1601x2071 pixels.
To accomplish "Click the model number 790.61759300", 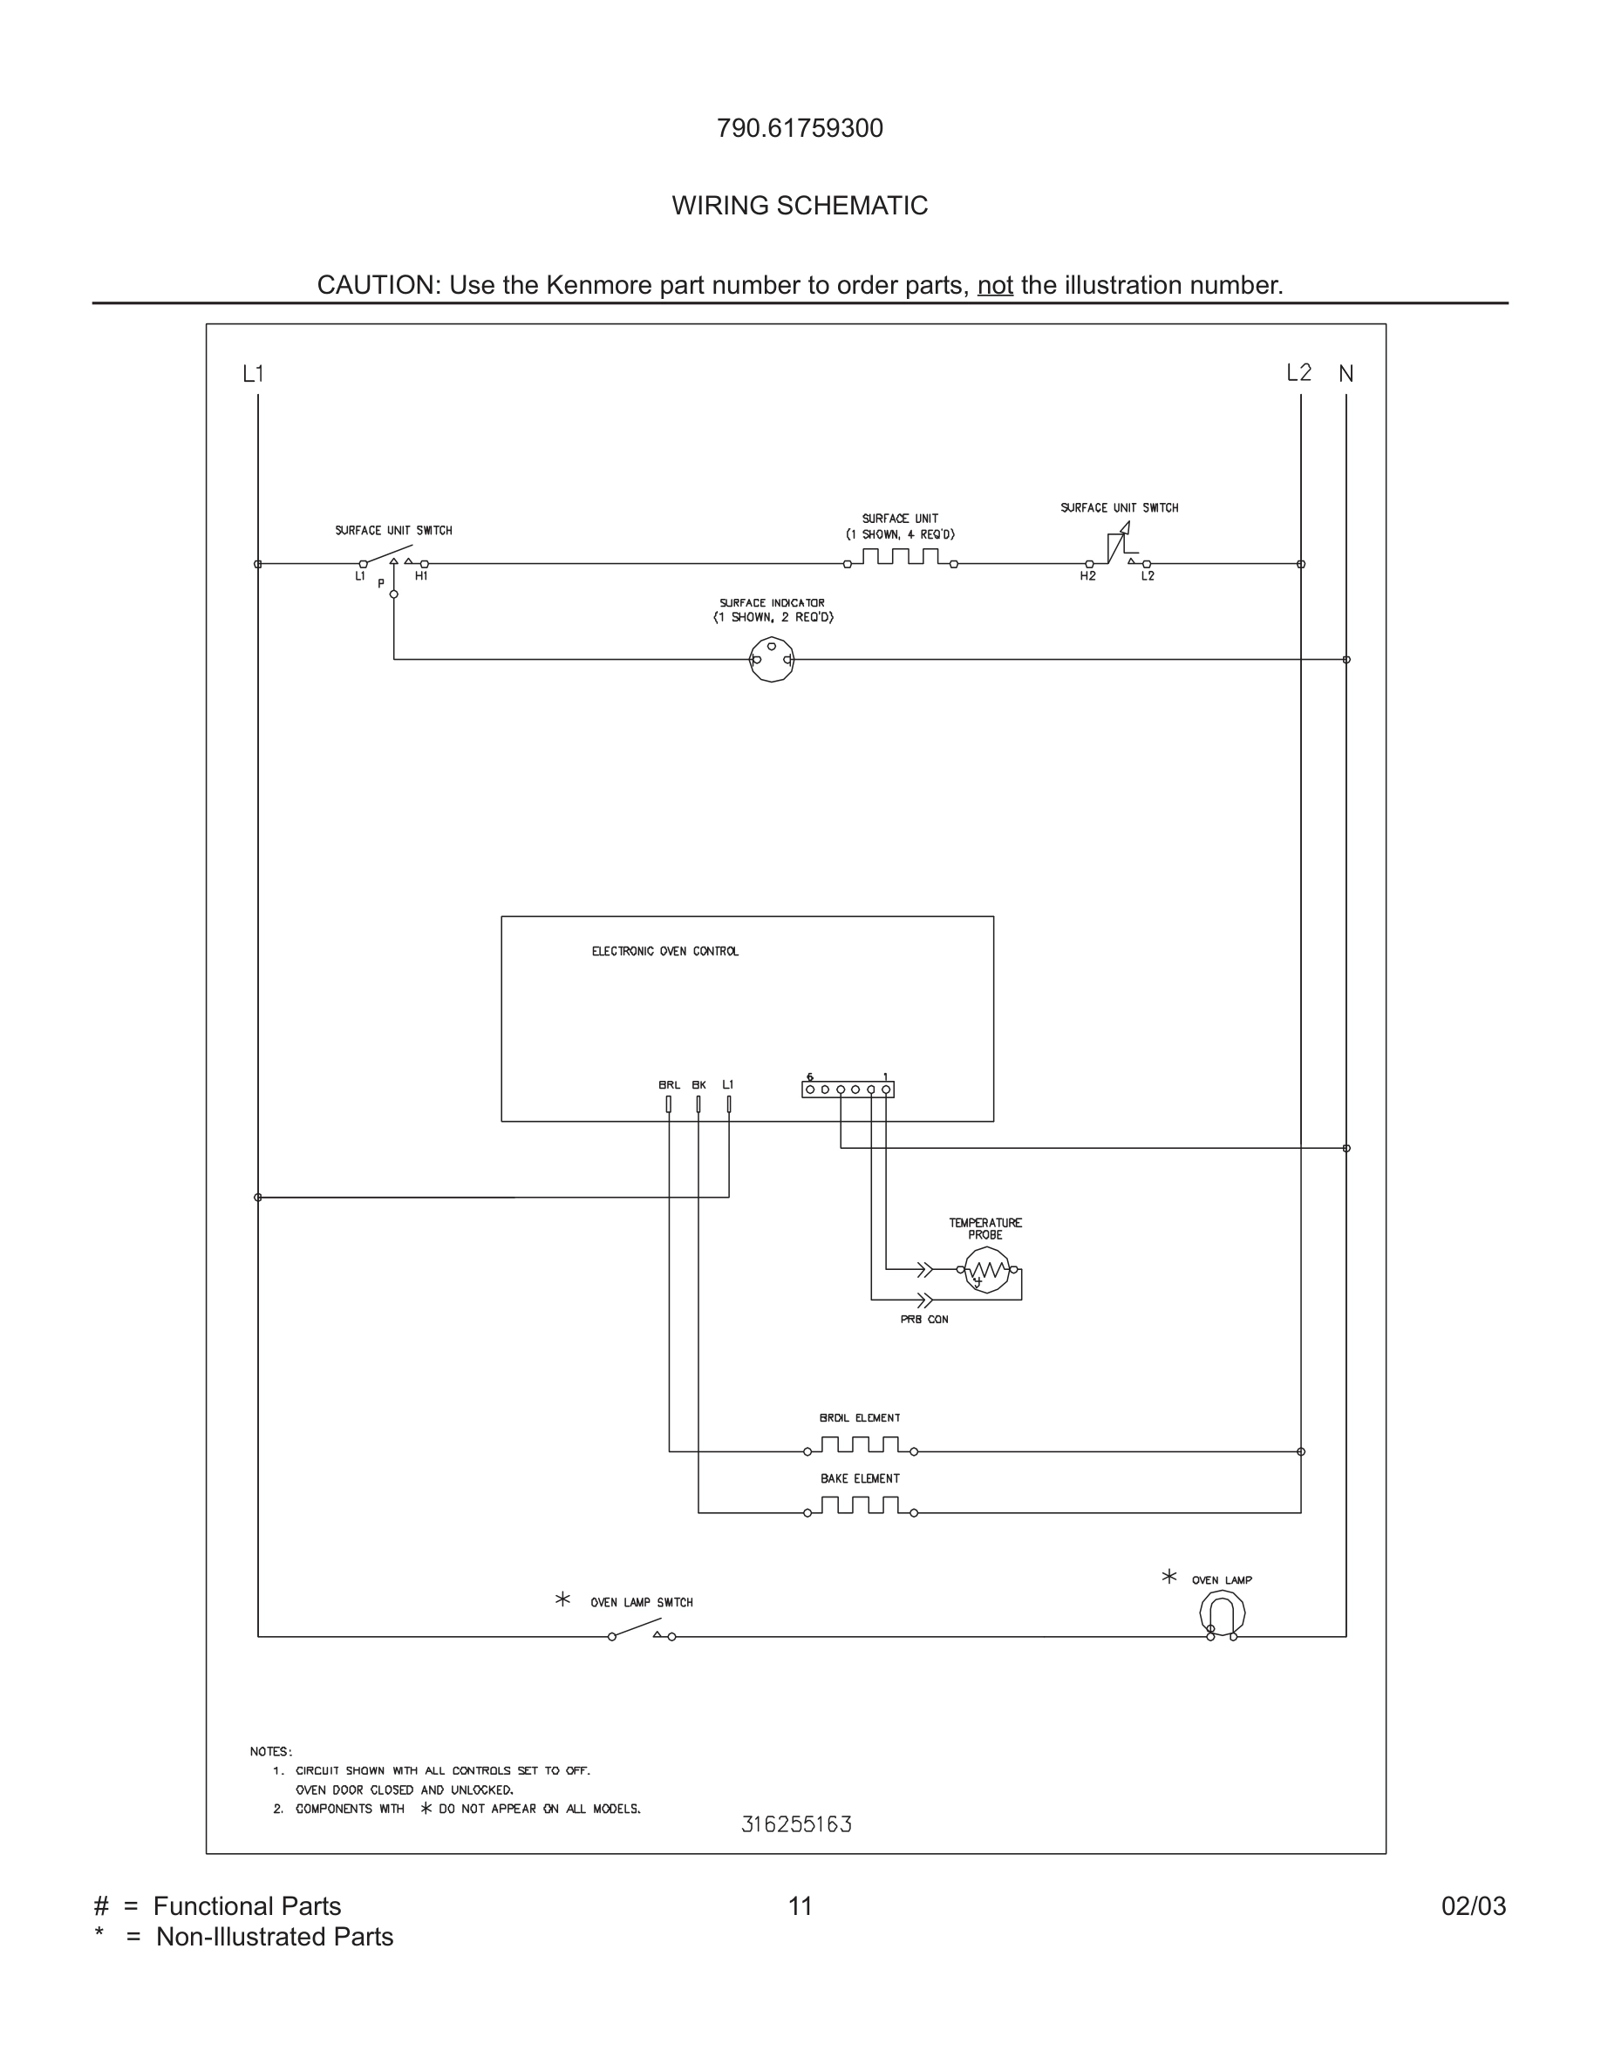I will [800, 128].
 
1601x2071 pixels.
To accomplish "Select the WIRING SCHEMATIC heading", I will [800, 206].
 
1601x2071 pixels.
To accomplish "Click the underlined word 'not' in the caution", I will [995, 285].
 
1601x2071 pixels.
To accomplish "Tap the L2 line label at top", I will [1298, 373].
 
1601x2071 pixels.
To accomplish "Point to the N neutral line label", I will [1346, 375].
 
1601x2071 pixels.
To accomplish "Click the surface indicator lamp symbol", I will [771, 659].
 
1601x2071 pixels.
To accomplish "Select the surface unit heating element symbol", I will [900, 558].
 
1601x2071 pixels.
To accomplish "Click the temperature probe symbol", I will [986, 1270].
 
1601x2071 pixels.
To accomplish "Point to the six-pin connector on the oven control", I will [848, 1090].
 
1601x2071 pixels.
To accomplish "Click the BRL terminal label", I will [669, 1085].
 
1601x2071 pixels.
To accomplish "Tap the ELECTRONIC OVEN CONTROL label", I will [664, 951].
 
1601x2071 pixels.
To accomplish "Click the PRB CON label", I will [923, 1319].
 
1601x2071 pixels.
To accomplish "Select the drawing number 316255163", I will [797, 1824].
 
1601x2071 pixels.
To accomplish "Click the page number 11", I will [800, 1906].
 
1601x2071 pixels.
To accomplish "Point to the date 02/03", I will [1473, 1906].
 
